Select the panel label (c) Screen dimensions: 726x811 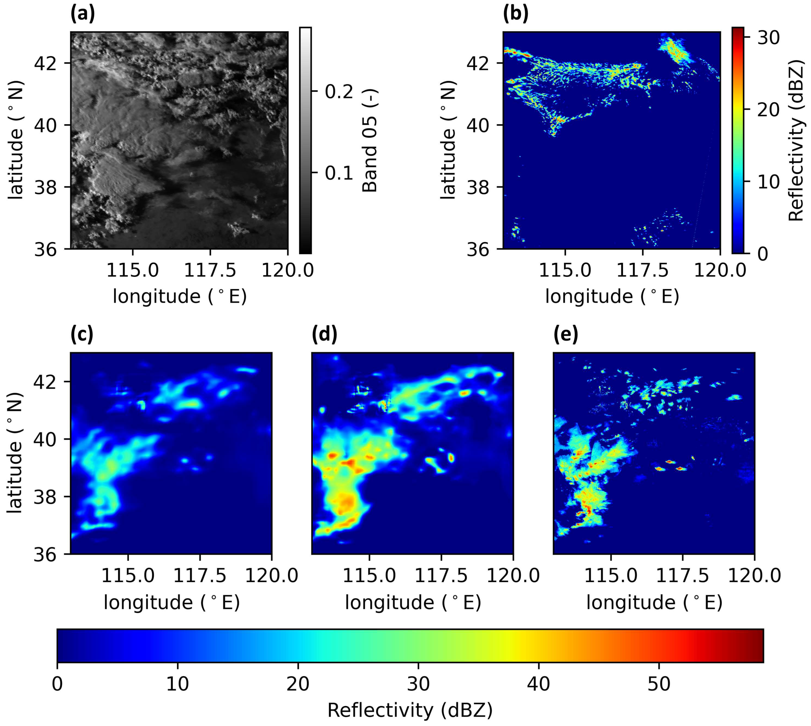click(82, 334)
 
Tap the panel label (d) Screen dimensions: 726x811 click(324, 334)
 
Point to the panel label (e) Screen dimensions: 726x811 click(565, 334)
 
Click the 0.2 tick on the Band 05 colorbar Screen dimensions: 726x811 click(339, 91)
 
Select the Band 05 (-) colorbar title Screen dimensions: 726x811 click(370, 141)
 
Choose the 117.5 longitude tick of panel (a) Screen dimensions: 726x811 click(210, 270)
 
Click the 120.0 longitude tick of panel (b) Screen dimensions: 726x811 click(720, 270)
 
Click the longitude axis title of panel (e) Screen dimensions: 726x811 click(654, 602)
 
